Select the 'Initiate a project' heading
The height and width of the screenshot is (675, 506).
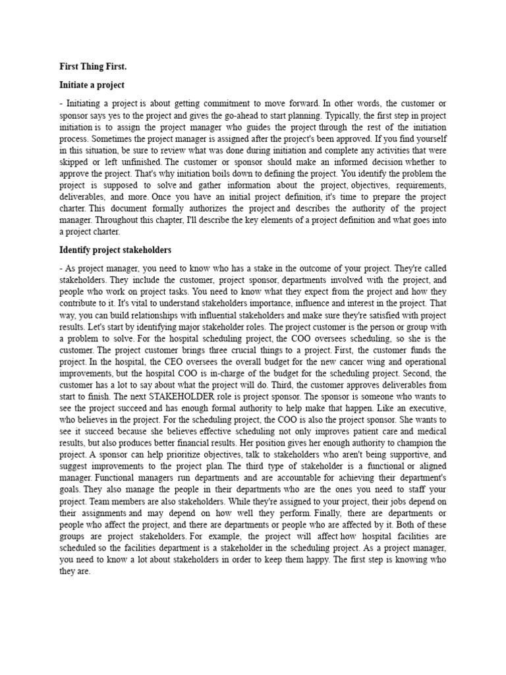[92, 85]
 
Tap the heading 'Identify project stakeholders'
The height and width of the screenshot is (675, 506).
[115, 250]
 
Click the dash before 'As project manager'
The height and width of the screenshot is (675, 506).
[61, 268]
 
